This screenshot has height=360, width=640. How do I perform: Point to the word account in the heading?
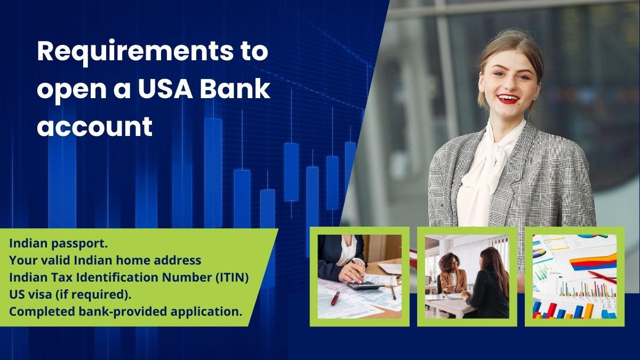pyautogui.click(x=95, y=127)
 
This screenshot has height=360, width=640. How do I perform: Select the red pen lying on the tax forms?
pyautogui.click(x=335, y=298)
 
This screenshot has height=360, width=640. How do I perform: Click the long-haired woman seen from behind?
pyautogui.click(x=488, y=283)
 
